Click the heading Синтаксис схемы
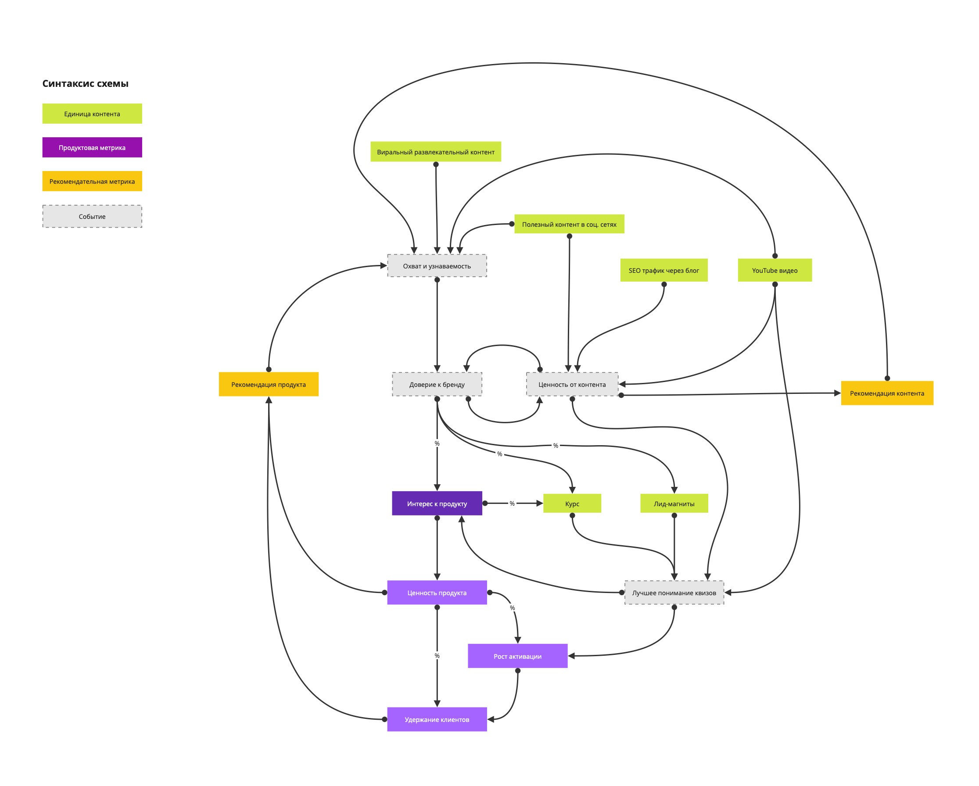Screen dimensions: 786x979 [x=86, y=83]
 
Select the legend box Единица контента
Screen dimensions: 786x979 [x=92, y=114]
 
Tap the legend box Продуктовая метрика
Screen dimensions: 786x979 [x=92, y=147]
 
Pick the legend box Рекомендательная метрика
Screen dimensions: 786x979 [x=92, y=181]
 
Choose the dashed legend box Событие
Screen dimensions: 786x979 [x=92, y=217]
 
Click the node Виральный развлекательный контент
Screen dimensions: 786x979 [x=435, y=152]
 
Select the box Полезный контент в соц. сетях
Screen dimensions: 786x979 [x=569, y=224]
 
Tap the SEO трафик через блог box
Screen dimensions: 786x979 [x=663, y=271]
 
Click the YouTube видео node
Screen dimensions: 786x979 [x=774, y=271]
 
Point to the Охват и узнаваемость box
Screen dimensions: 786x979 [x=437, y=266]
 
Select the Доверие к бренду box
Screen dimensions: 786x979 [x=437, y=384]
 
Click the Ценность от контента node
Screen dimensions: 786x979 [x=572, y=384]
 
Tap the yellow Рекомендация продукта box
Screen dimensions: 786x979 [x=269, y=384]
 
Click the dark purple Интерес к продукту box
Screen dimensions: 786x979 [x=437, y=503]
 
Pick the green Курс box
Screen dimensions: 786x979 [x=572, y=503]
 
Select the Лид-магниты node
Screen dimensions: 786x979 [x=674, y=503]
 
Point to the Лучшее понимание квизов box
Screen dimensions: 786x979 [x=674, y=593]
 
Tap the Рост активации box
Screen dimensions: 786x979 [x=517, y=656]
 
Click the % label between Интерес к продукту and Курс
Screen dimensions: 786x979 [x=512, y=503]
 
